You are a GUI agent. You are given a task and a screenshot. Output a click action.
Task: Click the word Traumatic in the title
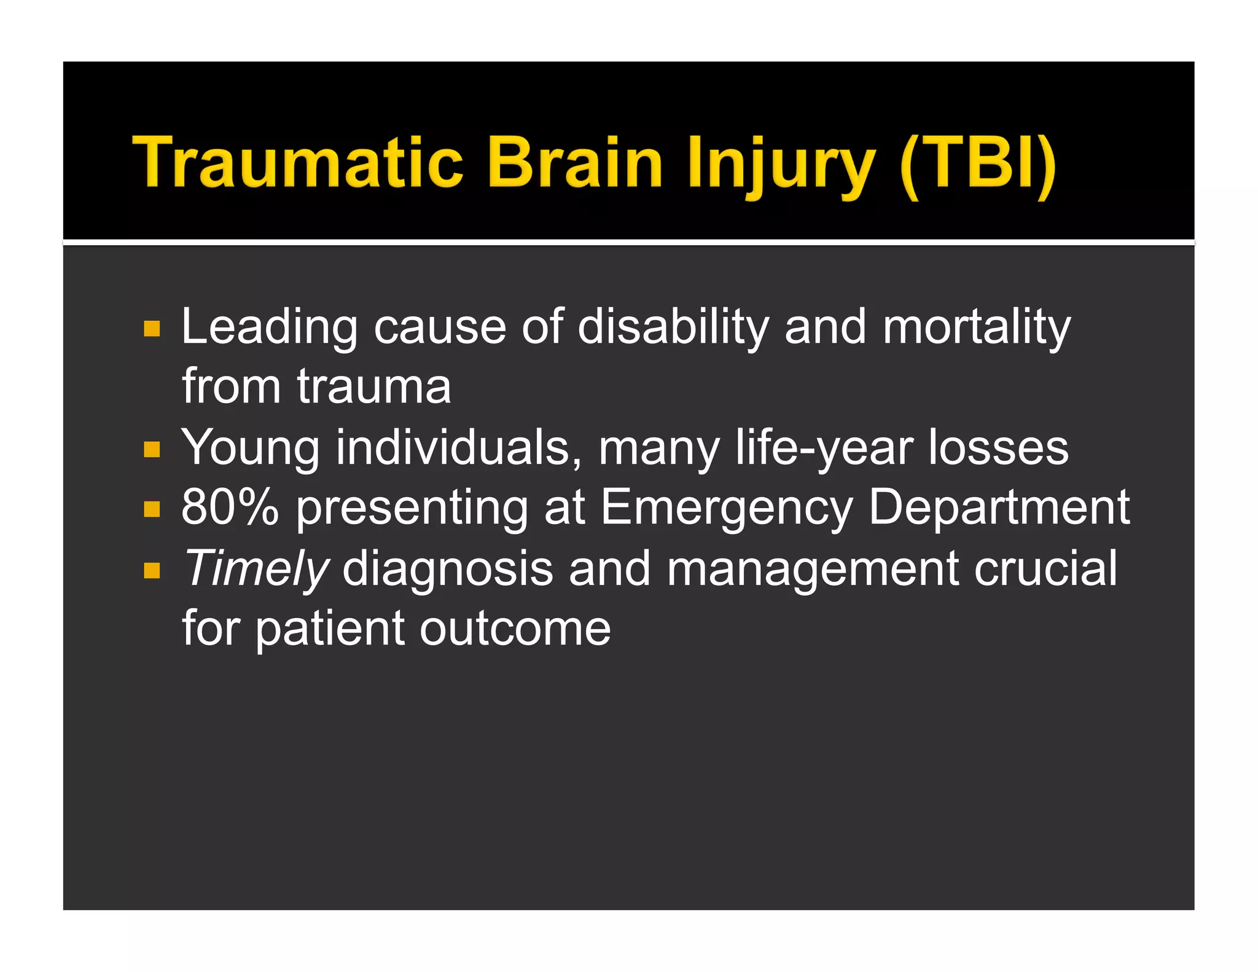(298, 162)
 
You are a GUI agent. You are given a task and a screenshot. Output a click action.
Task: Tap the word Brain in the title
(574, 162)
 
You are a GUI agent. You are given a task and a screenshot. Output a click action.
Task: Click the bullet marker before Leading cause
(152, 329)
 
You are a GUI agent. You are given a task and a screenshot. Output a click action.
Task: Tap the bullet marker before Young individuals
(152, 450)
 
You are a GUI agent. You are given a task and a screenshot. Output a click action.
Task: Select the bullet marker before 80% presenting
(152, 509)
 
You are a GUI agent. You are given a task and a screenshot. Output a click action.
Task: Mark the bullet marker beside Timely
(152, 571)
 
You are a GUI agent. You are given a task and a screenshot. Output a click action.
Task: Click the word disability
(673, 327)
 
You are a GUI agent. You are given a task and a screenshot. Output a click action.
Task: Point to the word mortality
(977, 327)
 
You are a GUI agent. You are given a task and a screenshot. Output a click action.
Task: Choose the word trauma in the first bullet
(374, 387)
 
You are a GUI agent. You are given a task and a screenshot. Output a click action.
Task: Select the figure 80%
(230, 507)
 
